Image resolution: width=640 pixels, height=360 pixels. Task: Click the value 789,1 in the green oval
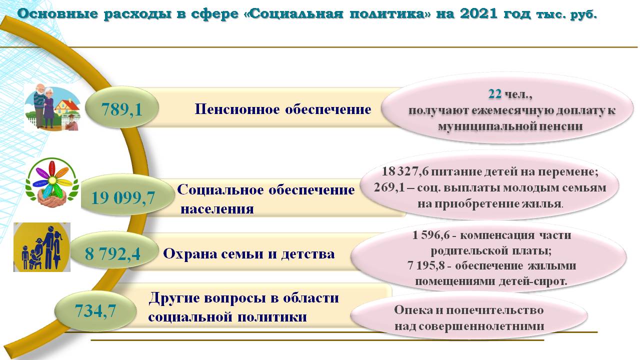pyautogui.click(x=121, y=109)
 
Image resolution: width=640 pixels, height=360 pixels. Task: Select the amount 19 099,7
pyautogui.click(x=123, y=198)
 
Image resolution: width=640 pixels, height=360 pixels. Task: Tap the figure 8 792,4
pyautogui.click(x=112, y=253)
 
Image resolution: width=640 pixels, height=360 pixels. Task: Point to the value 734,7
pyautogui.click(x=95, y=311)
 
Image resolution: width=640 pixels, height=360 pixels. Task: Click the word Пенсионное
pyautogui.click(x=237, y=109)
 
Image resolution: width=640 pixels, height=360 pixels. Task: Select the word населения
pyautogui.click(x=217, y=209)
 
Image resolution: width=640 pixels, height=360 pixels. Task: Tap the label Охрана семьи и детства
pyautogui.click(x=248, y=254)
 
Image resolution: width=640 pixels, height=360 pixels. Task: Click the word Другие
pyautogui.click(x=174, y=298)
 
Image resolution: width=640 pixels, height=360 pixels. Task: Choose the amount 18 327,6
pyautogui.click(x=405, y=171)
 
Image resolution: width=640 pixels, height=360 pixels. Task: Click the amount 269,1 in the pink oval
pyautogui.click(x=389, y=187)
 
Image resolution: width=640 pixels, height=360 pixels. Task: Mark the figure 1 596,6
pyautogui.click(x=431, y=235)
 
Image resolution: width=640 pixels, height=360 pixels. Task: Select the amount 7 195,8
pyautogui.click(x=426, y=266)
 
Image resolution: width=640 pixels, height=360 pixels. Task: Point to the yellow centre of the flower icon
pyautogui.click(x=52, y=180)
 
